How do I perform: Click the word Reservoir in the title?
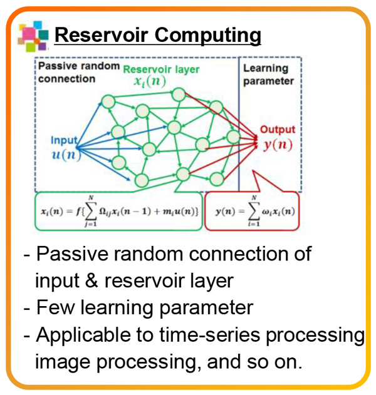(101, 35)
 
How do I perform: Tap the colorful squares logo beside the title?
(33, 36)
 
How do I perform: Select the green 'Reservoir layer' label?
(161, 69)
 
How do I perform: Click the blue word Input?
(64, 141)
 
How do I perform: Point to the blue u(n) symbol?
(66, 154)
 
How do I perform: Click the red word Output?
(278, 130)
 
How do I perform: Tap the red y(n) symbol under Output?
(278, 145)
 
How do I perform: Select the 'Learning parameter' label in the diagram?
(268, 74)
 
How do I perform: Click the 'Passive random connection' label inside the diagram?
(79, 72)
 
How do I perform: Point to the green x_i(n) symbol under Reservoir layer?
(150, 81)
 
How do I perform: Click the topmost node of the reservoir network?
(179, 95)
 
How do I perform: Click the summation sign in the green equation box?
(91, 211)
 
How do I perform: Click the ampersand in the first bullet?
(91, 280)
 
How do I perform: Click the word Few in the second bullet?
(55, 307)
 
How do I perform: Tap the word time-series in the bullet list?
(209, 335)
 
